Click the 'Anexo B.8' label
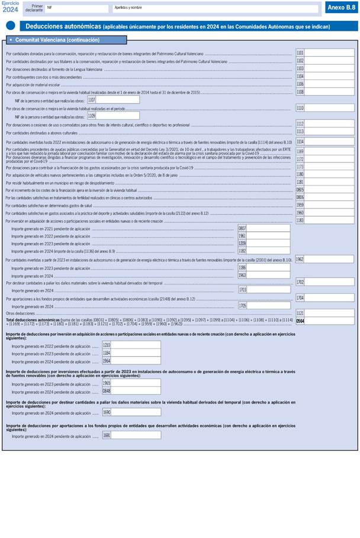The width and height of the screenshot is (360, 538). pos(341,8)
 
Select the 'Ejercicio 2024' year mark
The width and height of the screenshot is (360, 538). pos(10,7)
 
